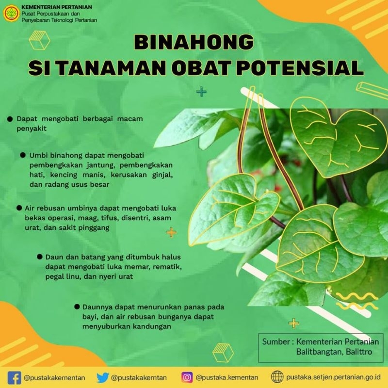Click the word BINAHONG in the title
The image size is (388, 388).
click(194, 43)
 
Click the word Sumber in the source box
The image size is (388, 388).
click(275, 341)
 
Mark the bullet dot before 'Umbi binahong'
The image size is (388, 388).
click(22, 155)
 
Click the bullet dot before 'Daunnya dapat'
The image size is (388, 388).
click(77, 307)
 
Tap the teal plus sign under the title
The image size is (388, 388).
click(200, 92)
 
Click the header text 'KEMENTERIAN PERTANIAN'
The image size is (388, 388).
click(57, 8)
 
